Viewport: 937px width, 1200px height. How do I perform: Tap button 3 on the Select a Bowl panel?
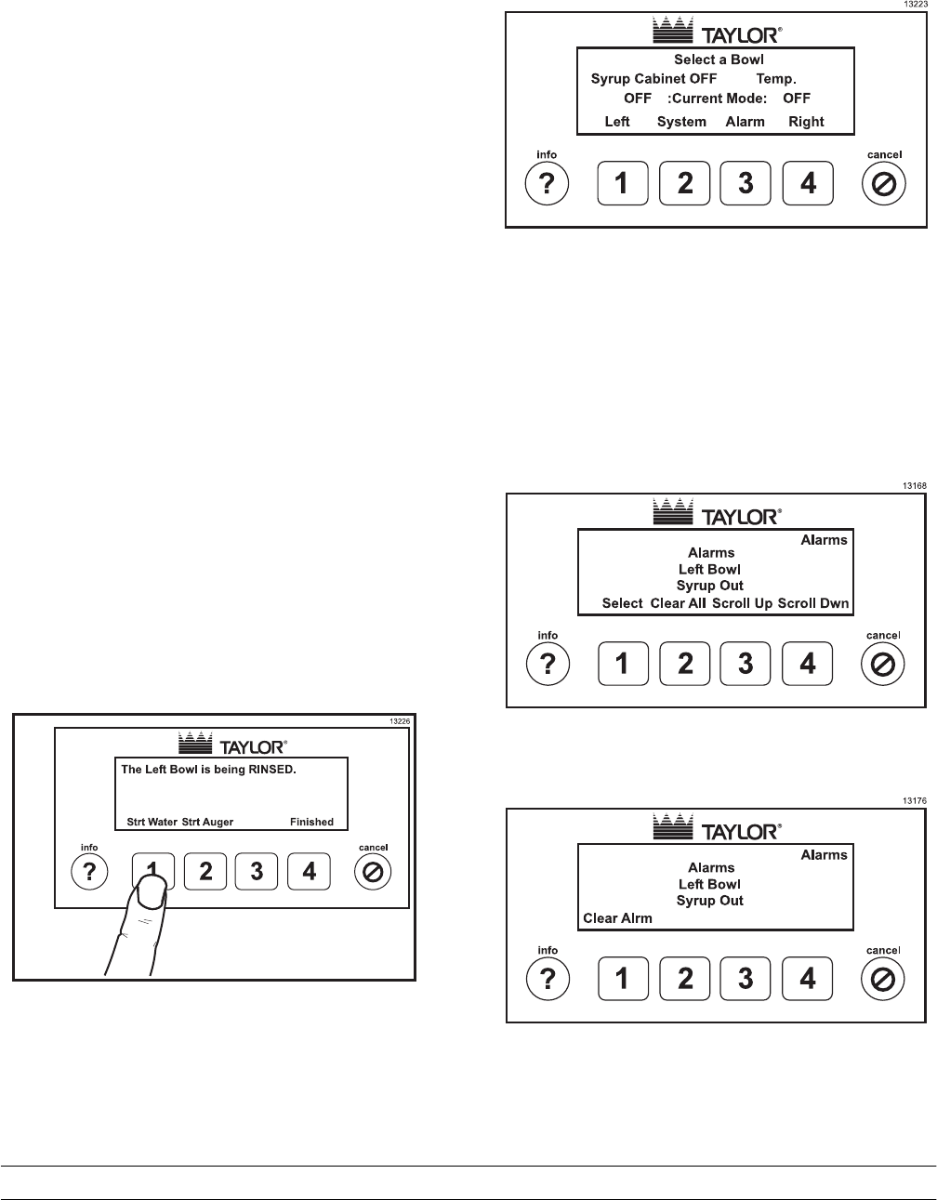point(746,184)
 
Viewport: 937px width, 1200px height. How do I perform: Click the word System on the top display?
point(681,122)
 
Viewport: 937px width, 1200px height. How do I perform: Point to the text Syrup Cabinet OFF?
point(653,79)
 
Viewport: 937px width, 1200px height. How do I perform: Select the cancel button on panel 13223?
point(884,184)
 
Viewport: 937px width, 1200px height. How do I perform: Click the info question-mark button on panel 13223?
point(548,184)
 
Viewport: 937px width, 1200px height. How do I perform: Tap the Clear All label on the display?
point(679,603)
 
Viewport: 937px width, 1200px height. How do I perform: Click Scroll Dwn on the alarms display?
point(813,603)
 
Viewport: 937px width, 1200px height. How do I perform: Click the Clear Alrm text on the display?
point(617,918)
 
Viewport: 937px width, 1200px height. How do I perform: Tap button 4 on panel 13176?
point(808,979)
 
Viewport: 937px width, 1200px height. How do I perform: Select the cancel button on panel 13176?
point(884,979)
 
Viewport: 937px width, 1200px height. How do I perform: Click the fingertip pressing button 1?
point(150,894)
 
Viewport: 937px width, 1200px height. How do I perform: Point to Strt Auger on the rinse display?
point(207,822)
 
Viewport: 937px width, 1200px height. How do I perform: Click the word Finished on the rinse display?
point(311,822)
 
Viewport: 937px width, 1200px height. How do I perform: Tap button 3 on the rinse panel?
point(257,871)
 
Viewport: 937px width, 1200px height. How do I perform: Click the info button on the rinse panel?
point(89,871)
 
